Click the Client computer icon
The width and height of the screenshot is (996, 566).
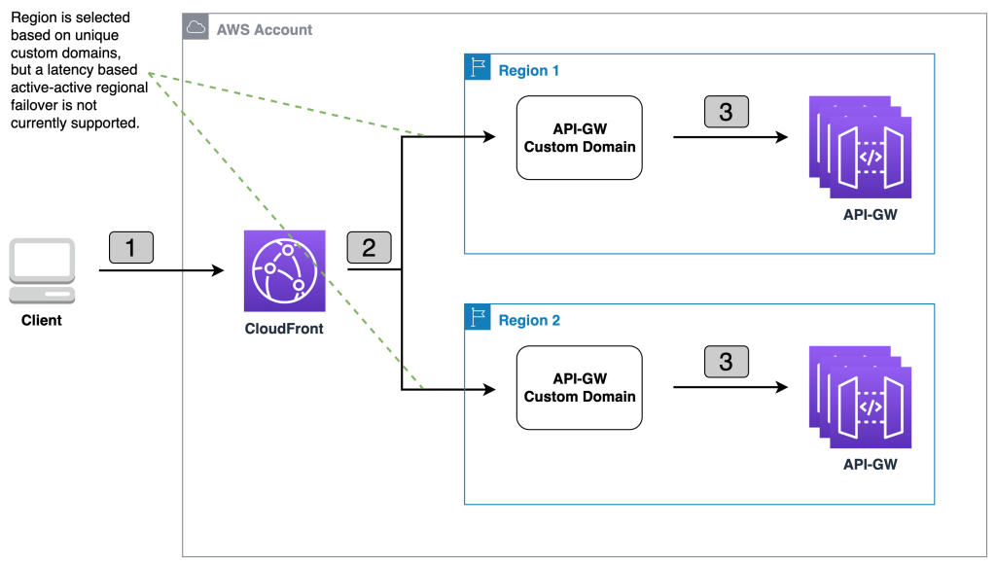pos(42,270)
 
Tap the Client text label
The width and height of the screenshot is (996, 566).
pos(42,320)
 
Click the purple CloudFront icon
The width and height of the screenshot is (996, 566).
pos(284,271)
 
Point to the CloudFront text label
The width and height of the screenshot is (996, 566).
pos(284,329)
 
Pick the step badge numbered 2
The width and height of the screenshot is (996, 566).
pos(369,248)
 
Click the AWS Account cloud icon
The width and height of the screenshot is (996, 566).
pos(196,28)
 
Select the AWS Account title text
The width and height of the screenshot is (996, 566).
pos(265,29)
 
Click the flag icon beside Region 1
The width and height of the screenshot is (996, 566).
pos(477,69)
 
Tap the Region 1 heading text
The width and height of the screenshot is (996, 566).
pos(529,70)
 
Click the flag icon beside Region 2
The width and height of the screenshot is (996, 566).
pos(477,319)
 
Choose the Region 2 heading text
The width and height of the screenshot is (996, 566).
pos(529,320)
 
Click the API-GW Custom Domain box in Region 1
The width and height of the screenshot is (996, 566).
pos(580,138)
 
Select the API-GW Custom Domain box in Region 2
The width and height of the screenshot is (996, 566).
pos(580,388)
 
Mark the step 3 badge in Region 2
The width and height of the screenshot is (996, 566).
pos(726,363)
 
